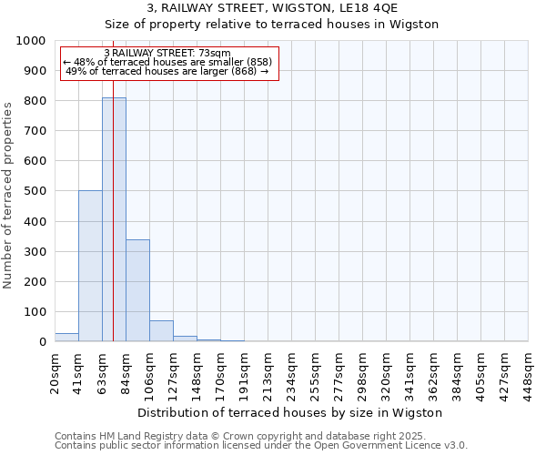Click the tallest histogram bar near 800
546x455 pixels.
[114, 218]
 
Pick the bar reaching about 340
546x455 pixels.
[137, 290]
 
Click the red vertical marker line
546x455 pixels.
[113, 182]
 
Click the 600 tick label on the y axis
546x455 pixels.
[34, 161]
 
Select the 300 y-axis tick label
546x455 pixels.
[34, 251]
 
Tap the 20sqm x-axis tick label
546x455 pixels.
[56, 371]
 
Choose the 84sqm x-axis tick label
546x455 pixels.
[126, 371]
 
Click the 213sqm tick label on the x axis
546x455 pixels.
[268, 371]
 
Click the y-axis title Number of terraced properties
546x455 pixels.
[8, 195]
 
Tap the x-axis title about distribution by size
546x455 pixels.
[291, 412]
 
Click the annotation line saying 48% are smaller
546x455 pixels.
[167, 62]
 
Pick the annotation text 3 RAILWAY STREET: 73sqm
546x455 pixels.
[167, 53]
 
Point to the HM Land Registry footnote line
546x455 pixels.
[260, 436]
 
